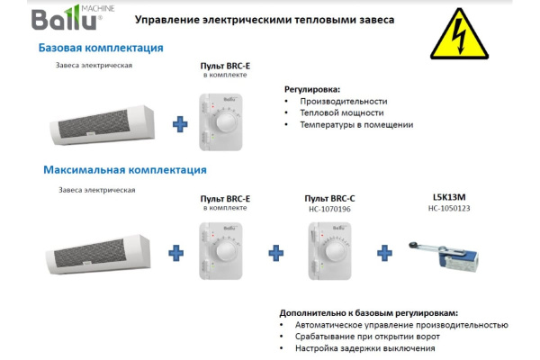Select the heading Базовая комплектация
[x=100, y=48]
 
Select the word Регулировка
[x=312, y=89]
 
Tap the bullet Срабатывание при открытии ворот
[x=364, y=336]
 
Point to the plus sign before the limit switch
[x=384, y=253]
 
